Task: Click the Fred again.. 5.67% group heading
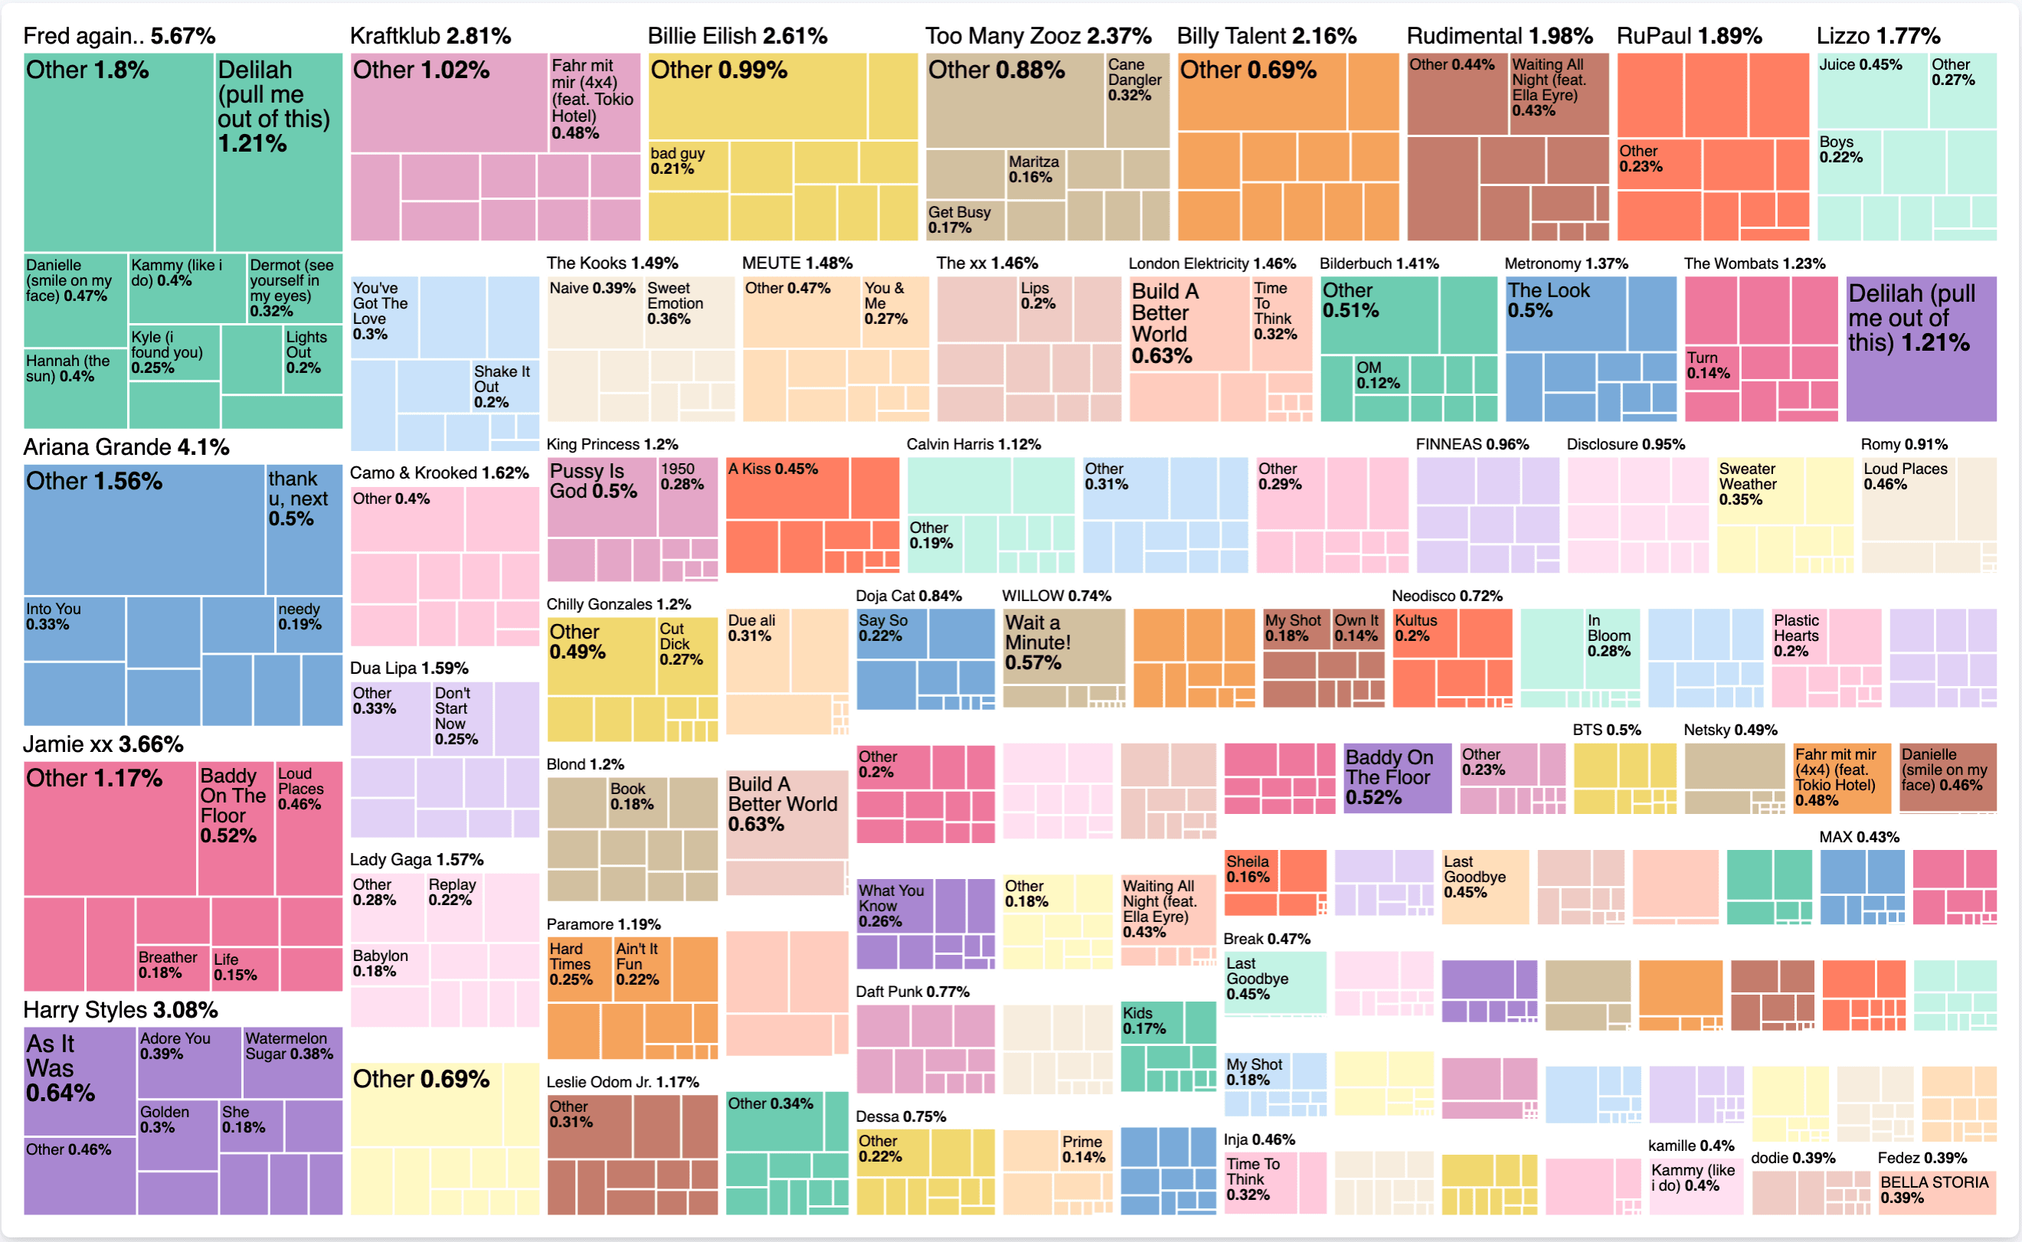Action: [x=119, y=35]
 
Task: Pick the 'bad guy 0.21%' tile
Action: [x=688, y=165]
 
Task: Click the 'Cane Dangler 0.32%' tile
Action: [x=1137, y=100]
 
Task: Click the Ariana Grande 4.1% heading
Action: [x=126, y=447]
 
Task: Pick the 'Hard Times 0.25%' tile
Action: [x=579, y=968]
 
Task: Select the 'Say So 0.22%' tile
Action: [x=891, y=632]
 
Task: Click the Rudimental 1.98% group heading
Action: [x=1499, y=35]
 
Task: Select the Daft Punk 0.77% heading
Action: [x=912, y=992]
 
